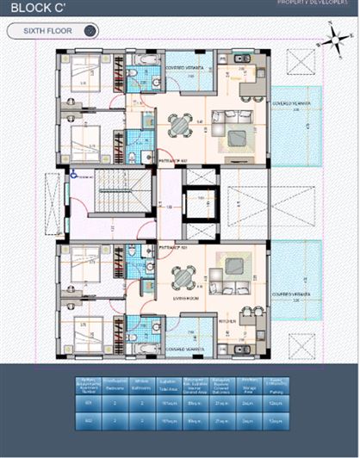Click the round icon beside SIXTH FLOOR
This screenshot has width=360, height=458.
(x=89, y=32)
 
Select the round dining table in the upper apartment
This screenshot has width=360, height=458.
(x=179, y=126)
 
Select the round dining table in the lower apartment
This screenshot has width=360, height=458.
(x=182, y=278)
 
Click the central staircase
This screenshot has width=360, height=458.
(x=115, y=193)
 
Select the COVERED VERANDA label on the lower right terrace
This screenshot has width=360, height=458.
(x=295, y=295)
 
